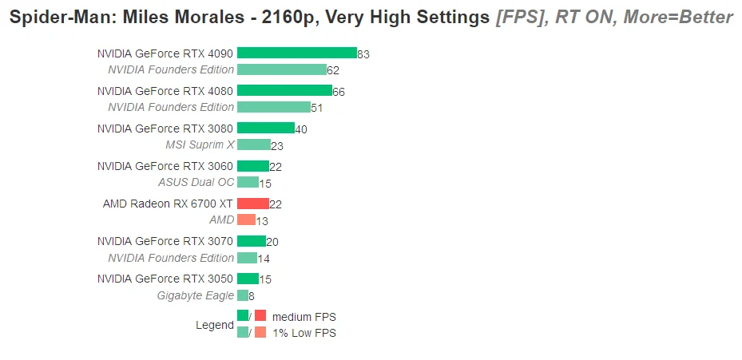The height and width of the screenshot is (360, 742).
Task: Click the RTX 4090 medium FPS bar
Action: pos(296,53)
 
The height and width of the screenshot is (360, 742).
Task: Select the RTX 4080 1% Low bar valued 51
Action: pos(273,107)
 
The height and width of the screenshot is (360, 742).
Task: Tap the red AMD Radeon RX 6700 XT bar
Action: pos(252,204)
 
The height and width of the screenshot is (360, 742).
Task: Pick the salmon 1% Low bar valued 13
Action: pos(246,220)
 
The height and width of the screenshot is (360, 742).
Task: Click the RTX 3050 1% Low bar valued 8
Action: pos(243,295)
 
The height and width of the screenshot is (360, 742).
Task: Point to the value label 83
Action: pos(363,54)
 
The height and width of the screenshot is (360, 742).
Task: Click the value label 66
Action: pos(339,92)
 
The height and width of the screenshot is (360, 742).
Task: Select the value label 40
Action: pos(301,129)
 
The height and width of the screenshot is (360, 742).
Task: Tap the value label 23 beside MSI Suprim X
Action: pos(277,146)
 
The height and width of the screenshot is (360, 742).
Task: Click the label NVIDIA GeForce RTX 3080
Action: pos(165,129)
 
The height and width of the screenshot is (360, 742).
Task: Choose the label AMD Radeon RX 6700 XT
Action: pos(168,204)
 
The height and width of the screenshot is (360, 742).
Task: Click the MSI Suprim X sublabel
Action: pos(200,144)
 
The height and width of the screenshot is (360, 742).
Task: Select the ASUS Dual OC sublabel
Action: pos(196,182)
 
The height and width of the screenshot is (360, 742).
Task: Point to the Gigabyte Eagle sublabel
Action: pos(196,295)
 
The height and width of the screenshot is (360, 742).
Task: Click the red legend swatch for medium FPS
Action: pos(260,315)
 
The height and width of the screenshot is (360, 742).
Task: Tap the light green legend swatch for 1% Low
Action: pos(243,332)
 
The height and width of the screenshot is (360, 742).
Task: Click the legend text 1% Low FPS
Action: pos(304,333)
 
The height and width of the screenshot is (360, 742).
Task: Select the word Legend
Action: pos(215,326)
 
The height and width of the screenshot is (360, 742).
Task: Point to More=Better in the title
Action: pos(678,18)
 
